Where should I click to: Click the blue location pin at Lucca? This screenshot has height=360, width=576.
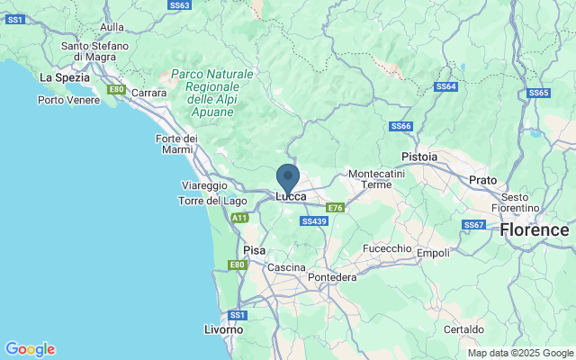[x=288, y=176]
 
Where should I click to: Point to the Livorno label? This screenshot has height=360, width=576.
[x=223, y=329]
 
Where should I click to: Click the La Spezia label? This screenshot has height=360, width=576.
[x=63, y=78]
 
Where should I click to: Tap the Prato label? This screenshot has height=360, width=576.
[x=482, y=180]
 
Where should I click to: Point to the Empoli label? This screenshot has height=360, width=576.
[x=433, y=253]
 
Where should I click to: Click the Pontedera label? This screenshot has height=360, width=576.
[x=332, y=277]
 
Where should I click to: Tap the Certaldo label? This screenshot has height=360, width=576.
[x=488, y=329]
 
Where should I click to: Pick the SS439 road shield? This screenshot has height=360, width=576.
[x=314, y=220]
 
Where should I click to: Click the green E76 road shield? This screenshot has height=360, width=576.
[x=335, y=208]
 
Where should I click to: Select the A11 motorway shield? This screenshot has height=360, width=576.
[x=239, y=218]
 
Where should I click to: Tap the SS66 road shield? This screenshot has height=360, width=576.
[x=400, y=127]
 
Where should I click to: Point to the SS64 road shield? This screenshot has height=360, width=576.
[x=446, y=87]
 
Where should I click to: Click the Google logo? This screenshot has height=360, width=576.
[x=30, y=349]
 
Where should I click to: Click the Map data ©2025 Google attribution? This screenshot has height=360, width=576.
[x=519, y=353]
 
